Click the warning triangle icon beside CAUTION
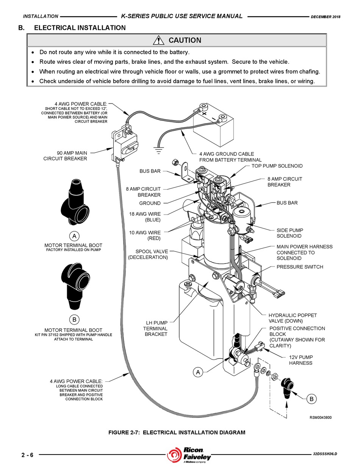158,40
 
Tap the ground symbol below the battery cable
158,150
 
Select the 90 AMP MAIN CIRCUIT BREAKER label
65,155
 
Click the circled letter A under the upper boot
74,236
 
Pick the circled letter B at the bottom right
311,399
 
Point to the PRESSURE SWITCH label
300,267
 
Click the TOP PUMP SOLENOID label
277,166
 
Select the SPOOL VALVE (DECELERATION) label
148,254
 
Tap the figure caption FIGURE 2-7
177,433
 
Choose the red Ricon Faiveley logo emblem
174,455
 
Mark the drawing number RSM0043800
321,417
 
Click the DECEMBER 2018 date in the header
326,17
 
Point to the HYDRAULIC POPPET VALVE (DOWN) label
293,318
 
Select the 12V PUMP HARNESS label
301,360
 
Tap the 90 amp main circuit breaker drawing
124,146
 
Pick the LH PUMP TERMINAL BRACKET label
155,328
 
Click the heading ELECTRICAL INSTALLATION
80,28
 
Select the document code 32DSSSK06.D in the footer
325,454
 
